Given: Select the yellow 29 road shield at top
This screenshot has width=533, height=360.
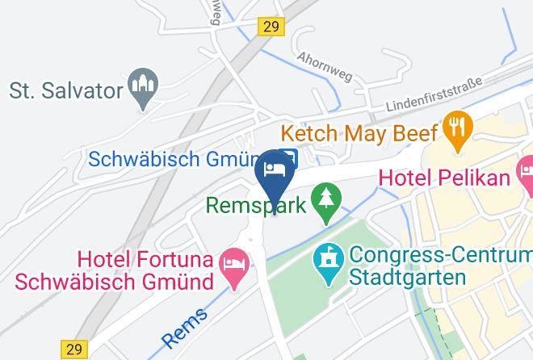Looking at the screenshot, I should click(271, 27).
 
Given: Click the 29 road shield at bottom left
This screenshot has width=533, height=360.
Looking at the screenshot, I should click(74, 350).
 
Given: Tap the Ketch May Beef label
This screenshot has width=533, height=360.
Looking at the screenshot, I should click(359, 132).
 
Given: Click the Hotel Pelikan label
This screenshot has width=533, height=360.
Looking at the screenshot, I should click(444, 176).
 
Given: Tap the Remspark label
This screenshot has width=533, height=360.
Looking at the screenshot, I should click(255, 204).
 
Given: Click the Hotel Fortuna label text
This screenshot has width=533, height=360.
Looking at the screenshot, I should click(145, 260).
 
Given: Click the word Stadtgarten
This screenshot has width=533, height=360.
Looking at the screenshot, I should click(408, 278).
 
